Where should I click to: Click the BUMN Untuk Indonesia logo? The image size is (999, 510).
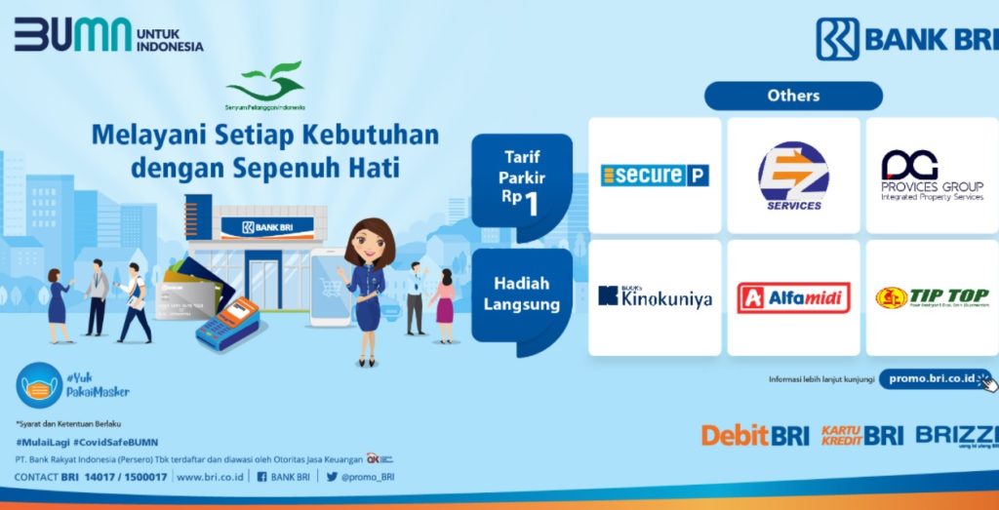(x=107, y=36)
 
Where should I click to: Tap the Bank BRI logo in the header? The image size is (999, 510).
(x=906, y=39)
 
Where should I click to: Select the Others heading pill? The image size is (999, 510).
(x=793, y=96)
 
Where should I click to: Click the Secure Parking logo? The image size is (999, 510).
(x=655, y=176)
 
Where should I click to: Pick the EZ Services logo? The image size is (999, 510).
(x=793, y=176)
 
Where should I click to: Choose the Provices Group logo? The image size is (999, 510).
(x=932, y=176)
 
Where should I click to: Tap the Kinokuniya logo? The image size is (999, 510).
(x=655, y=297)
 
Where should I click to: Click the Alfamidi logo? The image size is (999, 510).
(x=793, y=297)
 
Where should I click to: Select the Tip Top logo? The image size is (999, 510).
(x=932, y=297)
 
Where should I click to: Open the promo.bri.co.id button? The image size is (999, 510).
(x=933, y=379)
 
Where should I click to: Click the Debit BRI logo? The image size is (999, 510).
(x=755, y=436)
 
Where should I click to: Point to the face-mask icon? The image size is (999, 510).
(x=39, y=386)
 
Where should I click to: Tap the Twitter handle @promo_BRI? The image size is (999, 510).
(x=367, y=477)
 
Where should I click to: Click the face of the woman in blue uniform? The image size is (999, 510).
(x=369, y=244)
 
